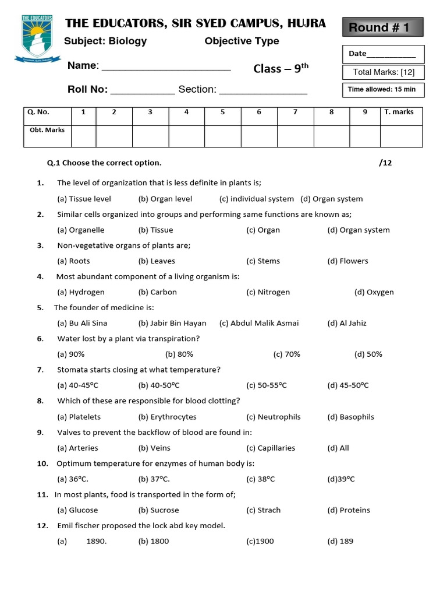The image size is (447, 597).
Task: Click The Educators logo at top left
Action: (37, 37)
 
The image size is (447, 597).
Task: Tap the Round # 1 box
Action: (382, 27)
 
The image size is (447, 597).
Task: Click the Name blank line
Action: (166, 67)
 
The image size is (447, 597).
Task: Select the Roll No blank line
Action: (142, 91)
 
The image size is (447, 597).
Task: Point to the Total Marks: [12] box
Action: (384, 72)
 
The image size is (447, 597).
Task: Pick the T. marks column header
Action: (399, 112)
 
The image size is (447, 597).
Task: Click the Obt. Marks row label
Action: (47, 130)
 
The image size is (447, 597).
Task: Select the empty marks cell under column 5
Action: (223, 135)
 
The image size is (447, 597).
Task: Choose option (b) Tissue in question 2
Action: (155, 230)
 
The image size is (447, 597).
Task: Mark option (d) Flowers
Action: (347, 261)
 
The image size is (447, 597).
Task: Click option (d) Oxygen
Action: (374, 292)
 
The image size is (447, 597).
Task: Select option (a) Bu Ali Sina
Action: (82, 323)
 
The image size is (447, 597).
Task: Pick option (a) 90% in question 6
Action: (71, 354)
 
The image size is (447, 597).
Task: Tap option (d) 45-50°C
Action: (347, 385)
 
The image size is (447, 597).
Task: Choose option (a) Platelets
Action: (79, 417)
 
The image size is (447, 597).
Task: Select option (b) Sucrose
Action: (159, 510)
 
